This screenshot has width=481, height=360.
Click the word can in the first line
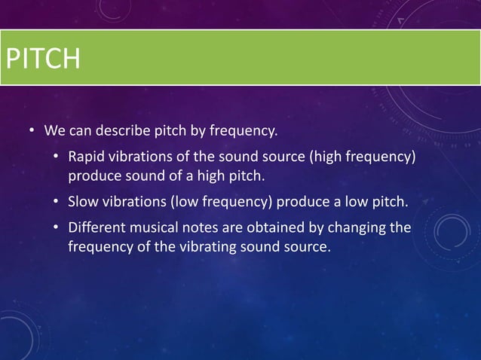coord(81,131)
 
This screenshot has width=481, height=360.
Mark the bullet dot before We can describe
coord(32,132)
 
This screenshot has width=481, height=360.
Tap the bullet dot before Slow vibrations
coord(56,203)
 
